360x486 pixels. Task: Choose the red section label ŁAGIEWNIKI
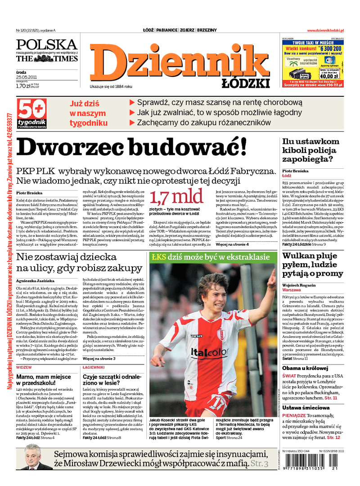[x=94, y=367]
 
